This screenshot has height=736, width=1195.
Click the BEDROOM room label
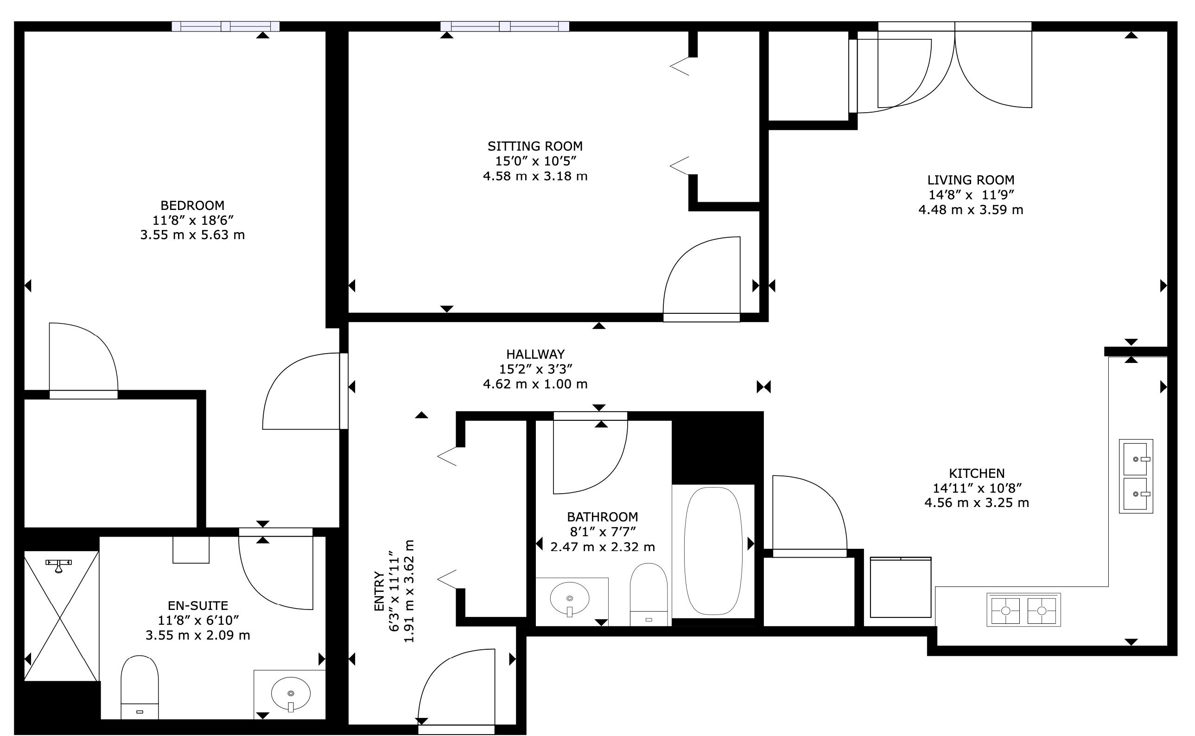tap(192, 205)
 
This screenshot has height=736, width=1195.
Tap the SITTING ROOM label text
tap(535, 146)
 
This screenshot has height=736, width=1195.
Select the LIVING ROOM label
tap(971, 180)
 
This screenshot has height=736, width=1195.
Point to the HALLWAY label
tap(535, 354)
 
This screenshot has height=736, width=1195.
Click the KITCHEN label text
tap(977, 473)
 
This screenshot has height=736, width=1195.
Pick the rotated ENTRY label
tap(379, 591)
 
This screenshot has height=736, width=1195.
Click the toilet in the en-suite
tap(140, 687)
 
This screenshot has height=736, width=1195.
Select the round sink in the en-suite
tap(291, 693)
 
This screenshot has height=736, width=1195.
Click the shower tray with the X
tap(61, 615)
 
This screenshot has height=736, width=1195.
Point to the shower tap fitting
tap(58, 565)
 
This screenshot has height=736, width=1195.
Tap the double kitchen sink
tap(1136, 476)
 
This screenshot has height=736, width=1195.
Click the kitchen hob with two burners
tap(1023, 609)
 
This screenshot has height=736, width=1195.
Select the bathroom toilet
tap(648, 594)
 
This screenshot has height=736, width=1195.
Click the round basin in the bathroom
tap(570, 599)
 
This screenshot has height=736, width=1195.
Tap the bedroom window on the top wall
tap(226, 26)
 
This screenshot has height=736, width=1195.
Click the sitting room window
tap(505, 26)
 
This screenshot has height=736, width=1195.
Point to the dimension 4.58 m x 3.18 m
tap(535, 176)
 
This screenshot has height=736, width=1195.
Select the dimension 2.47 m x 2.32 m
tap(603, 546)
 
